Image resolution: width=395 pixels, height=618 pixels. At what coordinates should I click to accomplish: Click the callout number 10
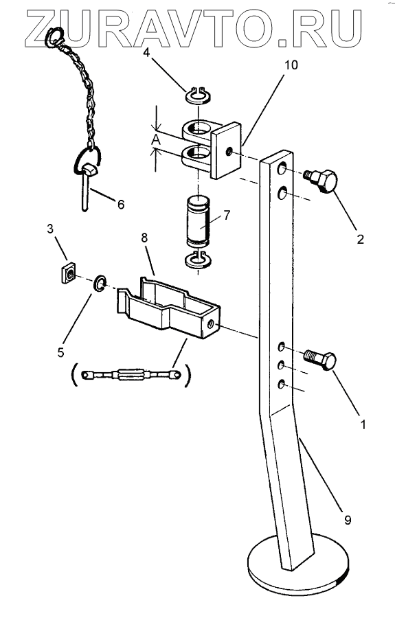pyautogui.click(x=291, y=65)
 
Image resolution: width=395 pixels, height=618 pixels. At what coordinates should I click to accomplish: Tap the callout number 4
pyautogui.click(x=146, y=52)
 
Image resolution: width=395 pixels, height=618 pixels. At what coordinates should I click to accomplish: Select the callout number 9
pyautogui.click(x=348, y=520)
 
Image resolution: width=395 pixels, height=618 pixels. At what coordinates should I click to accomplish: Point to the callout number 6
pyautogui.click(x=121, y=204)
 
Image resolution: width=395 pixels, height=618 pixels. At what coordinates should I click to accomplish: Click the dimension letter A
pyautogui.click(x=157, y=139)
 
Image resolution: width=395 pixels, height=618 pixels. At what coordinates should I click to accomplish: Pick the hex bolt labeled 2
pyautogui.click(x=321, y=181)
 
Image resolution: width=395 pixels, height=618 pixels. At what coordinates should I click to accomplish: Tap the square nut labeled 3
pyautogui.click(x=69, y=273)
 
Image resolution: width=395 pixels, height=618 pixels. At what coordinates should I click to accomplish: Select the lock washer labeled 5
pyautogui.click(x=100, y=284)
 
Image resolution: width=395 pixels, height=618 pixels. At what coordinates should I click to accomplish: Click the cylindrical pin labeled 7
pyautogui.click(x=199, y=222)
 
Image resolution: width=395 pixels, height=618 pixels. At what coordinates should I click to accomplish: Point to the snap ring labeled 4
pyautogui.click(x=199, y=95)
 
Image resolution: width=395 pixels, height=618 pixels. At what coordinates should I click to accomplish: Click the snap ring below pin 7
pyautogui.click(x=198, y=261)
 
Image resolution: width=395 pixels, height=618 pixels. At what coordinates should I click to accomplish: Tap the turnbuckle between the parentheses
pyautogui.click(x=130, y=374)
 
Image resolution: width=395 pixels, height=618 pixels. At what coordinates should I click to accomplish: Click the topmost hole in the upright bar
pyautogui.click(x=282, y=170)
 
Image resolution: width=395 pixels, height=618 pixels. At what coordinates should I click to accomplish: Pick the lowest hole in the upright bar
pyautogui.click(x=282, y=383)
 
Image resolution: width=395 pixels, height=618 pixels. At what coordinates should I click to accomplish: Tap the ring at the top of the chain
pyautogui.click(x=54, y=36)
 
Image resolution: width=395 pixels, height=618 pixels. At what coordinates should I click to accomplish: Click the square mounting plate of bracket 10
pyautogui.click(x=225, y=150)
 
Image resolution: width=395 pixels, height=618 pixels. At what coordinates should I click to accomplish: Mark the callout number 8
pyautogui.click(x=144, y=238)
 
